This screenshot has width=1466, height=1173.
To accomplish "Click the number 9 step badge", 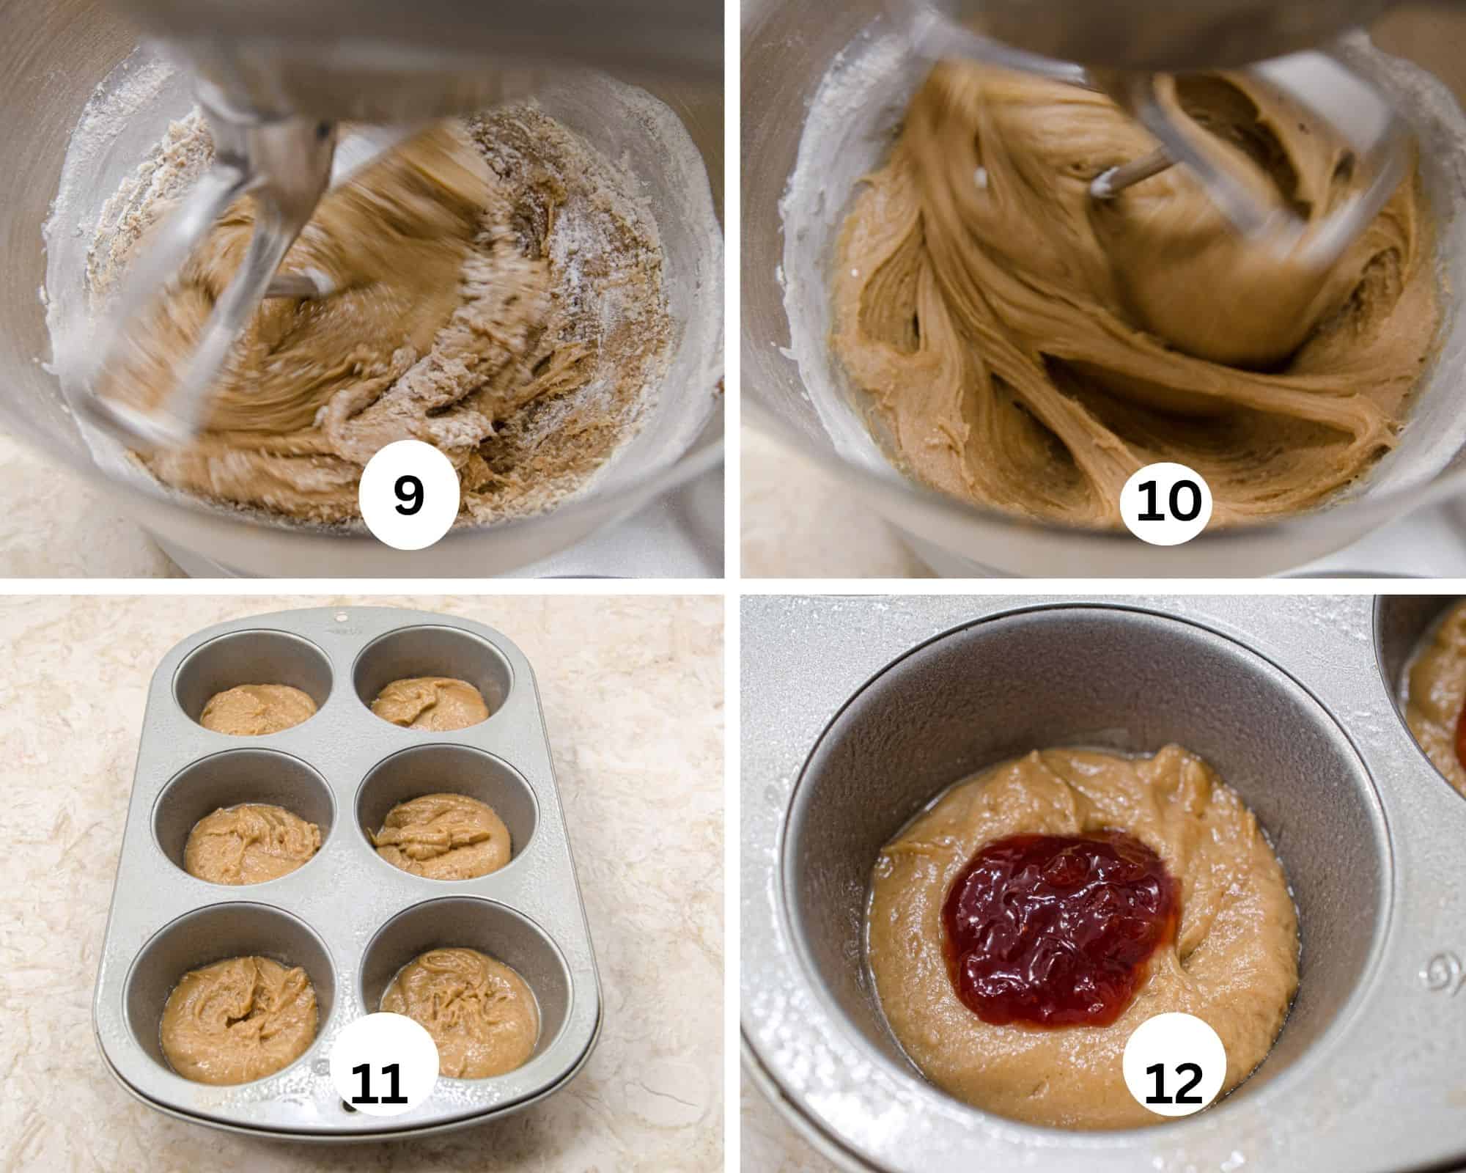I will (408, 496).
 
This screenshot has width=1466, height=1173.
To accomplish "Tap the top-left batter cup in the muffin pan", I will (258, 709).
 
